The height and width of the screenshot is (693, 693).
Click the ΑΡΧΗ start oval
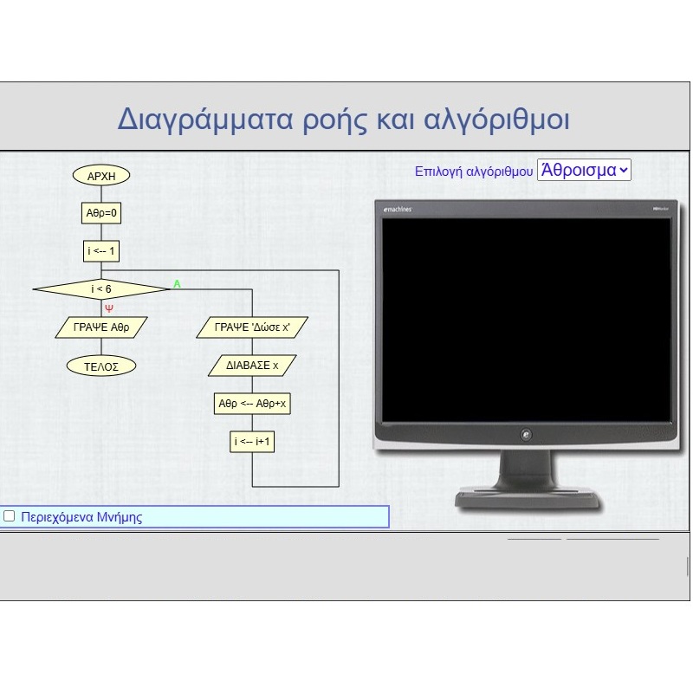tap(101, 176)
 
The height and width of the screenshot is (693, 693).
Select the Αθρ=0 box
tap(101, 213)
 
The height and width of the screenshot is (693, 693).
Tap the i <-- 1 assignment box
tap(101, 251)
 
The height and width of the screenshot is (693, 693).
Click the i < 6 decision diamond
tap(101, 289)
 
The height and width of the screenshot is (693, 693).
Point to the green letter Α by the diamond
tap(177, 284)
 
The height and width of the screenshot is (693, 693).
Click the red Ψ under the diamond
tap(109, 308)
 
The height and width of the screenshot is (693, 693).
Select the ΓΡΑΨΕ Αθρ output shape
tap(101, 327)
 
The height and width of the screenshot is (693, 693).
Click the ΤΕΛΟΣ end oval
tap(101, 366)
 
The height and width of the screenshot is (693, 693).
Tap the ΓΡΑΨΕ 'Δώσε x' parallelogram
tap(252, 327)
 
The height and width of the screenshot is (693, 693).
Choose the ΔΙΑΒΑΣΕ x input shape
tap(252, 366)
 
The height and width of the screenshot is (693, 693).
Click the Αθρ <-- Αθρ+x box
tap(252, 404)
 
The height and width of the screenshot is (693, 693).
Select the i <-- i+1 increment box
tap(252, 442)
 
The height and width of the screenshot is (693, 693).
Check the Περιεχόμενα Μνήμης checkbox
tap(9, 516)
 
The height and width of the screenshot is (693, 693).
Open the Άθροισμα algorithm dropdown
tap(584, 170)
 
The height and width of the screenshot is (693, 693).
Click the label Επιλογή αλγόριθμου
tap(474, 172)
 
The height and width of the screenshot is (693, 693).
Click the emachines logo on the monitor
tap(398, 209)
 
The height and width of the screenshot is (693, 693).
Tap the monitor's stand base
tap(528, 499)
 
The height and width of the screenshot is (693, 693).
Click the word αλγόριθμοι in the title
tap(496, 120)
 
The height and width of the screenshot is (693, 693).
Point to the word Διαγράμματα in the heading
tap(205, 120)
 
